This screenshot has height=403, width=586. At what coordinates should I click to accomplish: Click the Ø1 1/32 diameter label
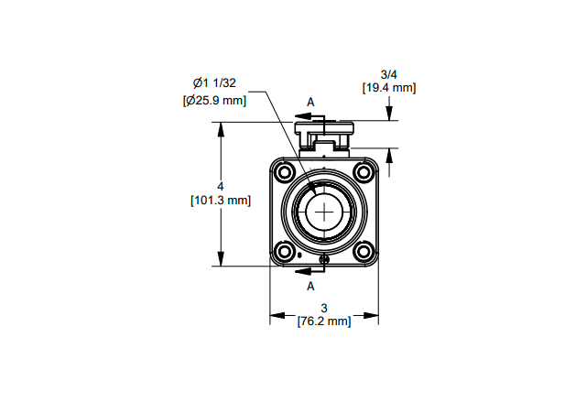(x=214, y=82)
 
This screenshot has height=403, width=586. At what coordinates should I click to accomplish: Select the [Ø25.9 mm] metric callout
(x=214, y=100)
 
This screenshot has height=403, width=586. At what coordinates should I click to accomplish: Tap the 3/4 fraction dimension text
(x=388, y=74)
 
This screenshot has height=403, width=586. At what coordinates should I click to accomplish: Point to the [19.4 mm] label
(x=389, y=88)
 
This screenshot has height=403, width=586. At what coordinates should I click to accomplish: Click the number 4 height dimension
(x=221, y=186)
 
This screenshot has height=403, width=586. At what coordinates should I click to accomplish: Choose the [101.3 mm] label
(x=221, y=200)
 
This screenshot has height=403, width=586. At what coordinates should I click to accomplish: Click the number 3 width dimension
(x=324, y=308)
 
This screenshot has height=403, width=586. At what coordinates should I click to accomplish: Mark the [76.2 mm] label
(x=324, y=321)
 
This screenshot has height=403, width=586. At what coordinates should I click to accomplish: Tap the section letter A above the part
(x=310, y=102)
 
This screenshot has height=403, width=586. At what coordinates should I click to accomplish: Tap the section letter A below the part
(x=310, y=286)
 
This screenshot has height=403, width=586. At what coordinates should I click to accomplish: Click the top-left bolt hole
(x=285, y=172)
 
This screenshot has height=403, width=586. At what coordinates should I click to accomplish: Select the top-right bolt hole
(x=364, y=172)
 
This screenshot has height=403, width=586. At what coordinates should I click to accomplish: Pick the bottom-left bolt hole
(x=285, y=251)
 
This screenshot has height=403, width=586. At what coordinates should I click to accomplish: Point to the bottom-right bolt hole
(x=364, y=251)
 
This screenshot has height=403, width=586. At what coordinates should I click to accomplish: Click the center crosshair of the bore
(x=324, y=212)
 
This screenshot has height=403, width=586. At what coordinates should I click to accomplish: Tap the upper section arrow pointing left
(x=309, y=116)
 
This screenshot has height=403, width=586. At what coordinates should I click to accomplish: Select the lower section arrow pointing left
(x=309, y=271)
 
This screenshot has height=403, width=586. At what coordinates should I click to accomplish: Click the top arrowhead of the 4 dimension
(x=221, y=130)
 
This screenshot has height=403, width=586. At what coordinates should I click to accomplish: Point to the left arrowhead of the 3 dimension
(x=277, y=316)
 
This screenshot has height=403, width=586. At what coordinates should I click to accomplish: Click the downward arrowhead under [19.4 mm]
(x=389, y=114)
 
